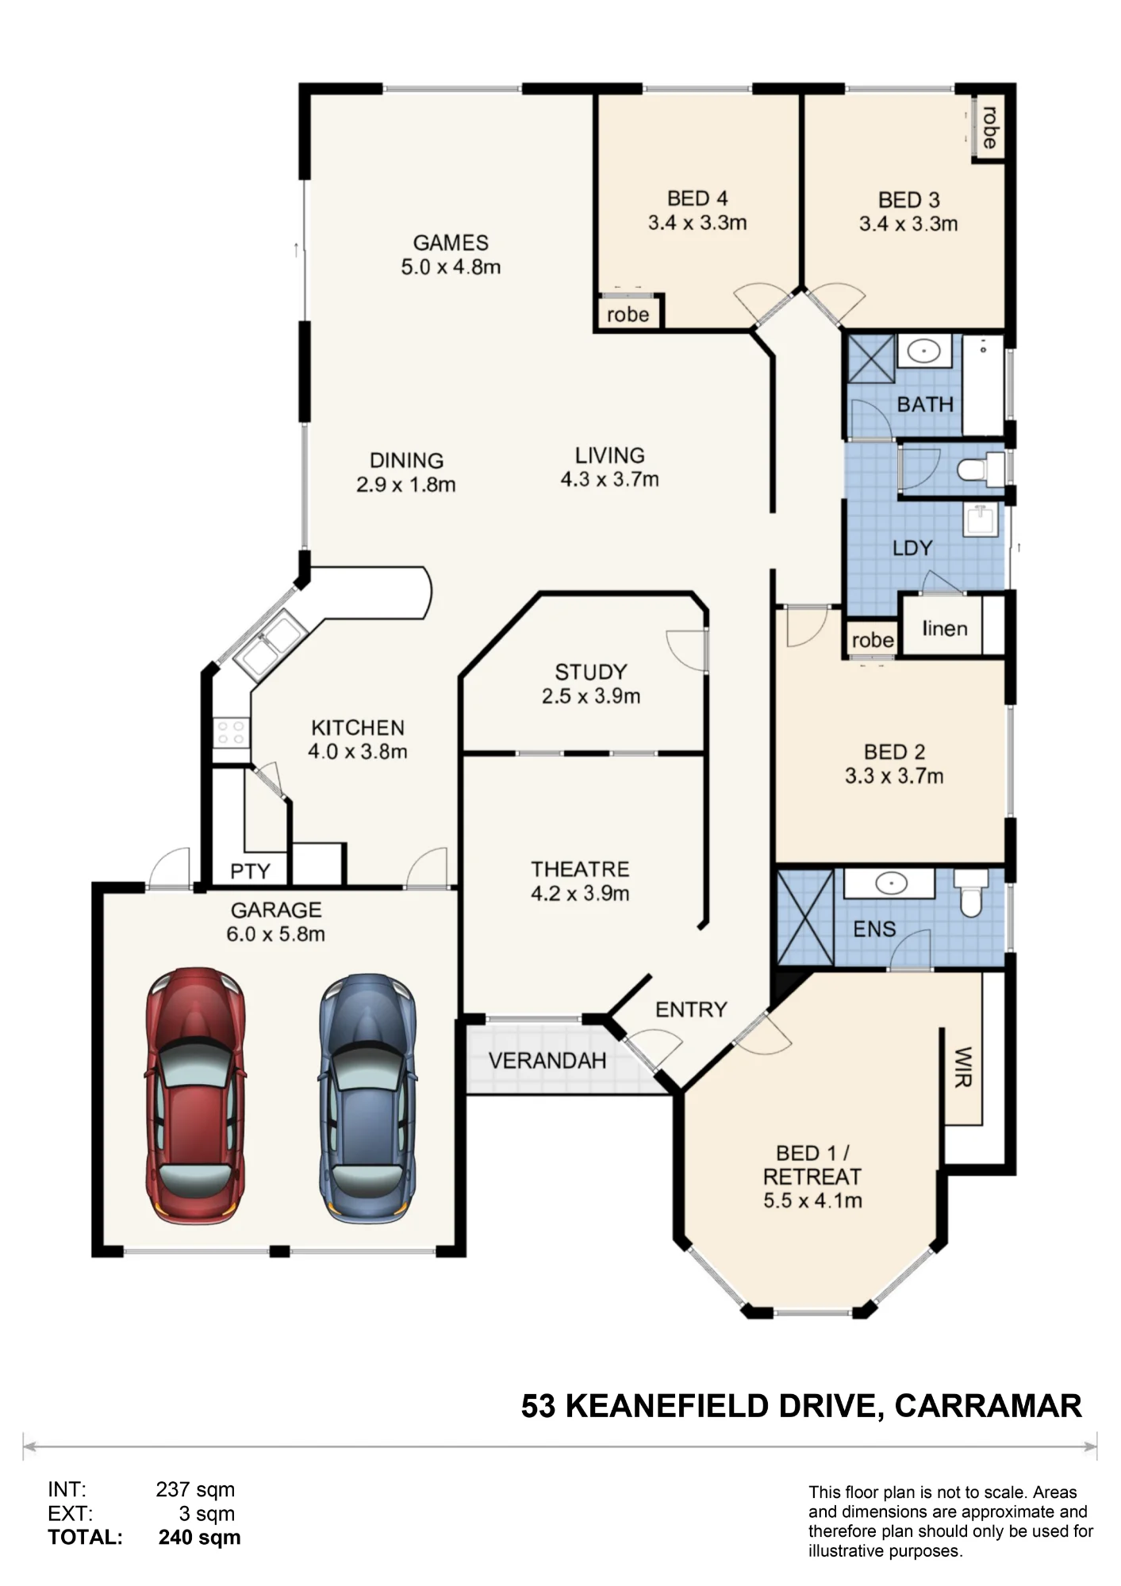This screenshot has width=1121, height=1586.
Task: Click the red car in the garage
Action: click(x=195, y=1095)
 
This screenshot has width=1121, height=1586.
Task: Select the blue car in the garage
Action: click(x=367, y=1098)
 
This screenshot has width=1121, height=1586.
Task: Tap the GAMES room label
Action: click(x=451, y=243)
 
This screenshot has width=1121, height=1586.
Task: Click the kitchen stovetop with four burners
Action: click(x=231, y=732)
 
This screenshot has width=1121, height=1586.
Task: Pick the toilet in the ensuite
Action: click(x=971, y=892)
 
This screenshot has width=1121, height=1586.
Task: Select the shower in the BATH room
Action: click(x=871, y=358)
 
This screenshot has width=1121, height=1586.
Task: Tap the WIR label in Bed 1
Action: click(x=962, y=1067)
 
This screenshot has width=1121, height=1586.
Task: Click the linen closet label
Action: click(x=944, y=629)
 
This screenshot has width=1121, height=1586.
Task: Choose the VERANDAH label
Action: click(x=547, y=1060)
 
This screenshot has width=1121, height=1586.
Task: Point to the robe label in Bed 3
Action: click(x=989, y=128)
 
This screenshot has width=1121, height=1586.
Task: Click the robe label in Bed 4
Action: click(x=628, y=315)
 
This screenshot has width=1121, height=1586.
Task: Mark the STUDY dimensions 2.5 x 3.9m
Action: click(x=591, y=696)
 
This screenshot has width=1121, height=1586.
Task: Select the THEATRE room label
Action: click(x=580, y=869)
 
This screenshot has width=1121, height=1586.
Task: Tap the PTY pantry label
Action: click(x=250, y=872)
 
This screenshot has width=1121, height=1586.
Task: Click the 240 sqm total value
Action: click(x=199, y=1538)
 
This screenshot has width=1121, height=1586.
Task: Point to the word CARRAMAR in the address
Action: click(x=989, y=1406)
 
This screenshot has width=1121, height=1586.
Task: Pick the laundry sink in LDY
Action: click(x=981, y=520)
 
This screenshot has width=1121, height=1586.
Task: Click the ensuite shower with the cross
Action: click(x=805, y=918)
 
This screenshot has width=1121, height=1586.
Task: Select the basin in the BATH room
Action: click(x=924, y=351)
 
